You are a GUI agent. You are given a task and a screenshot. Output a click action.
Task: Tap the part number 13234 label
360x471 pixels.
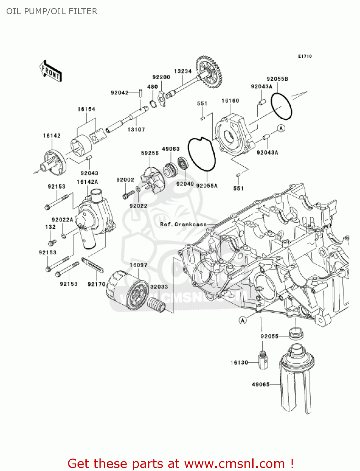[x=183, y=71]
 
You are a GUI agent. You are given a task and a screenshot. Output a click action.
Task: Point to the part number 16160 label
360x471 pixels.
[x=230, y=101]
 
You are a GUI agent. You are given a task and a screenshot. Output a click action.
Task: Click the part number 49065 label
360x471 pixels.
[x=261, y=384]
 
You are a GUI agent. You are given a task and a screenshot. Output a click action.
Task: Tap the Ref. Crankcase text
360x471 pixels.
[x=183, y=224]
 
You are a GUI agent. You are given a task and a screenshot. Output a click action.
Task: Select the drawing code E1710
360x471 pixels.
[x=305, y=56]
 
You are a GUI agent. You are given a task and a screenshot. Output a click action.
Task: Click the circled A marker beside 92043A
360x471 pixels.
[x=281, y=128]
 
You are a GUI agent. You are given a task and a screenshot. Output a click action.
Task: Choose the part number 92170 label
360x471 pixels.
[x=96, y=284]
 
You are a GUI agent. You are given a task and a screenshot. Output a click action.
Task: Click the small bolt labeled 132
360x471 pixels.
[x=51, y=242]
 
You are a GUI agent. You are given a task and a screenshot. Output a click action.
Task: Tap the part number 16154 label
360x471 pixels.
[x=86, y=109]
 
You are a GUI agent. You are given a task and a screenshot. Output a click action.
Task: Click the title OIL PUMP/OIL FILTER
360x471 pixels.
[x=52, y=11]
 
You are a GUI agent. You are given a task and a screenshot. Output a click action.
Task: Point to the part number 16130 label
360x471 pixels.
[x=239, y=363]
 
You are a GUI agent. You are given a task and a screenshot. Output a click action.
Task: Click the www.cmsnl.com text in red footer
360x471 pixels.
[x=234, y=464]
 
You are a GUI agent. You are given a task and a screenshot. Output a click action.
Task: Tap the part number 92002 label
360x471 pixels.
[x=125, y=180]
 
